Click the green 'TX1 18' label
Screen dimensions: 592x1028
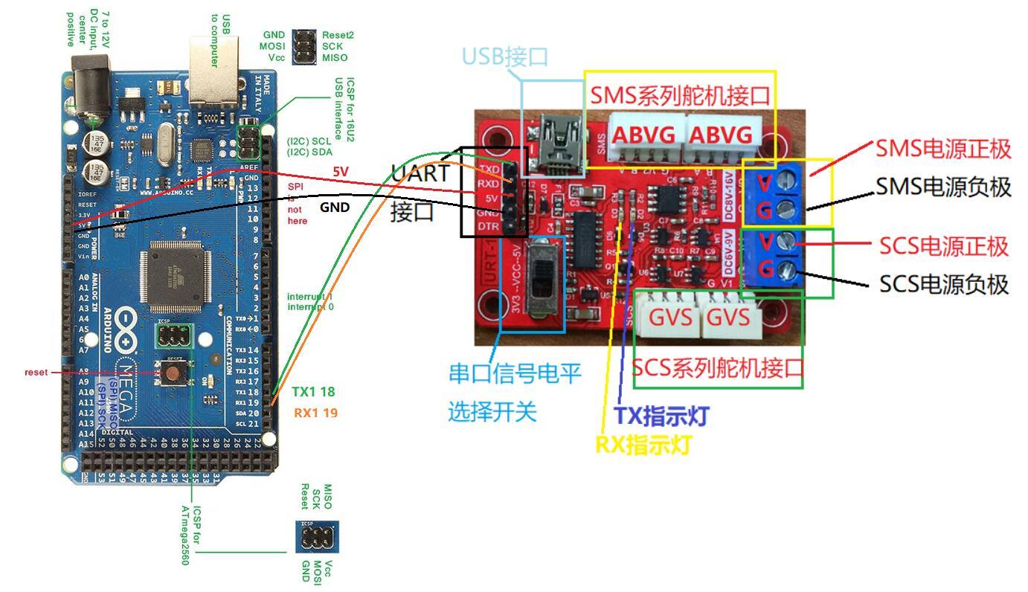pos(312,392)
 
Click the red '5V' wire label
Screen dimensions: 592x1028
pos(341,172)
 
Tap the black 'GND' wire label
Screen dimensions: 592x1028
pos(334,207)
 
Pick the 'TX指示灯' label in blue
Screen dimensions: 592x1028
pos(661,416)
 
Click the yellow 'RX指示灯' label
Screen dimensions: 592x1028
pos(643,445)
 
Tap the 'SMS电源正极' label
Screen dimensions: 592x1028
pos(942,149)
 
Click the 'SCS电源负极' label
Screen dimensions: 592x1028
pos(943,284)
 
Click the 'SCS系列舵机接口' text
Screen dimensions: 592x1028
pos(718,368)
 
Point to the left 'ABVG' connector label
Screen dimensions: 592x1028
pos(643,135)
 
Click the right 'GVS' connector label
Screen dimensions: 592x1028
pos(727,317)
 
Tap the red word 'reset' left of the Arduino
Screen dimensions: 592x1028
pos(36,372)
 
